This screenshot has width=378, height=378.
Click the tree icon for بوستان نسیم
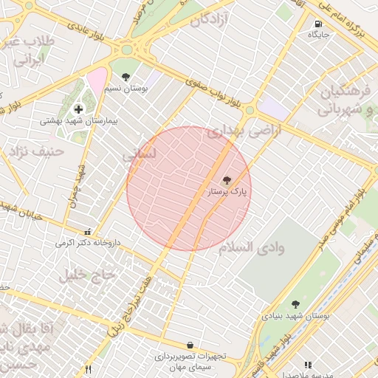click(x=126, y=76)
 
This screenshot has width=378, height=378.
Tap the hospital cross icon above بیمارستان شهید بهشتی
click(x=79, y=109)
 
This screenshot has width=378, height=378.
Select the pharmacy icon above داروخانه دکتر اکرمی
click(x=89, y=231)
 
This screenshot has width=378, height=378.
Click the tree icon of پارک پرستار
click(x=227, y=180)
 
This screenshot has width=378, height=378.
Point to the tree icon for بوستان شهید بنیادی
click(x=295, y=304)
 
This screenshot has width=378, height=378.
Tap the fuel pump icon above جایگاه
click(x=318, y=24)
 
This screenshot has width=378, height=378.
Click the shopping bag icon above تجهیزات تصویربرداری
click(x=190, y=345)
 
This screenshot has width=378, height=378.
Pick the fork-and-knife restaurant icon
click(x=89, y=368)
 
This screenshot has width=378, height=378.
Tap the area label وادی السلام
click(x=251, y=247)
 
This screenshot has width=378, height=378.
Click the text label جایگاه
click(x=318, y=35)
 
